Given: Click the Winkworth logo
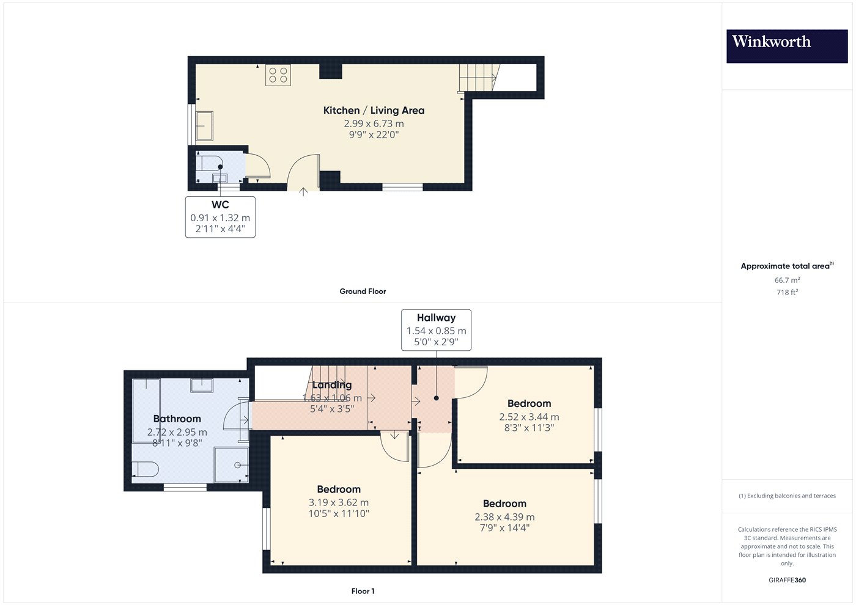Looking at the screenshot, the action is (787, 46).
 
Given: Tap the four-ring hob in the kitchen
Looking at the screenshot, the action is (278, 75).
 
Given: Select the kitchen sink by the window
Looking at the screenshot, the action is (204, 126).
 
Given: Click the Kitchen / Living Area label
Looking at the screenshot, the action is (374, 111).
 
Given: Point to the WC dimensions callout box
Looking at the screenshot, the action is (220, 217).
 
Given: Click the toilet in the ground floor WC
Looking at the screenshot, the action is (208, 163).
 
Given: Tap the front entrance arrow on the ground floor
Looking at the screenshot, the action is (303, 191).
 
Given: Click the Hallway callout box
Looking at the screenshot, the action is (436, 330).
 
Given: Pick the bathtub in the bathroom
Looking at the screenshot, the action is (146, 411).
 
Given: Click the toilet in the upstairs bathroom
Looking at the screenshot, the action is (146, 469).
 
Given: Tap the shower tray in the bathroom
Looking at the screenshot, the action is (231, 465).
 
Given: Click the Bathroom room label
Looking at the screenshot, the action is (177, 419).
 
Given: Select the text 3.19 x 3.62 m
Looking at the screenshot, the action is (339, 502).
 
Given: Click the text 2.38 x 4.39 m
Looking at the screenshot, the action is (504, 517).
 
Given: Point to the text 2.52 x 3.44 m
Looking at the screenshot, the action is (529, 417).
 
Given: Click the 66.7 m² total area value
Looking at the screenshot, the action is (788, 280).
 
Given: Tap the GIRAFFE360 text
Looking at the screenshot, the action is (788, 580).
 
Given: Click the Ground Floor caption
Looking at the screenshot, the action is (363, 291).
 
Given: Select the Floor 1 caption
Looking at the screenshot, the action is (363, 592).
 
